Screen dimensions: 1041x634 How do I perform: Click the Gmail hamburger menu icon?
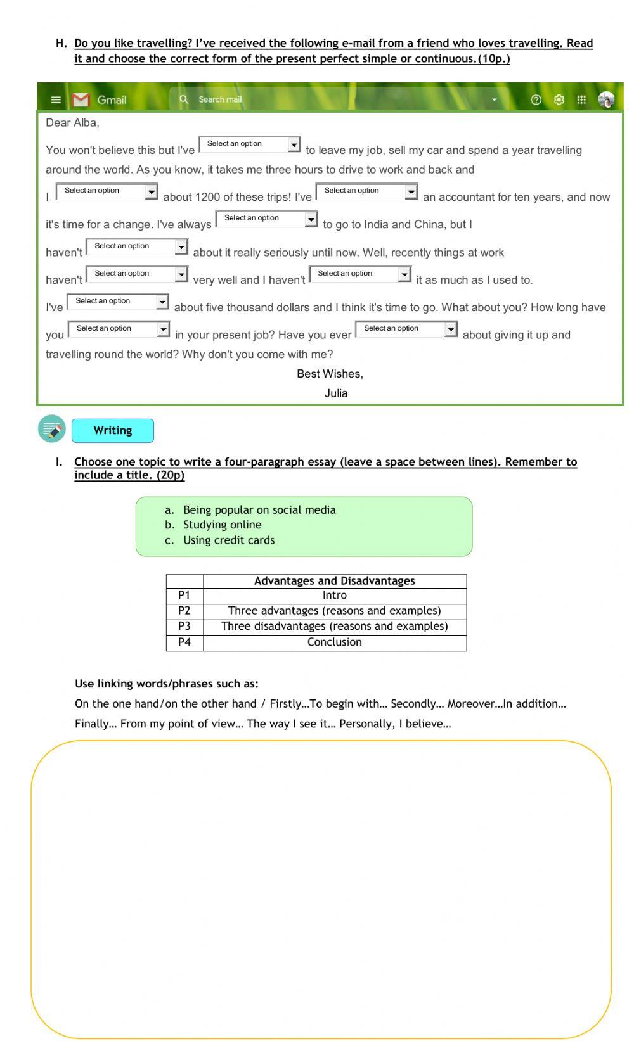56,99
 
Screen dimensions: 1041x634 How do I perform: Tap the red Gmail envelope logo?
81,99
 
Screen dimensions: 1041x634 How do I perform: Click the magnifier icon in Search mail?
184,99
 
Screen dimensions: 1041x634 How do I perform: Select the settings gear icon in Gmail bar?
559,99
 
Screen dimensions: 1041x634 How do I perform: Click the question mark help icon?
536,99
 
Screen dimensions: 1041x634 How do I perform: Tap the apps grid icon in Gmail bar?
581,99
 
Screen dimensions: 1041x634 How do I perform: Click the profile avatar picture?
606,99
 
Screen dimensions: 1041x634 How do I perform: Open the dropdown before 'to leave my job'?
249,144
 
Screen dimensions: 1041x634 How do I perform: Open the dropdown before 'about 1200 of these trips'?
107,191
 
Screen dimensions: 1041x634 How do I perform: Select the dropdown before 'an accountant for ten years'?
366,191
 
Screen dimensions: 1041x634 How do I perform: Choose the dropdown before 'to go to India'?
266,219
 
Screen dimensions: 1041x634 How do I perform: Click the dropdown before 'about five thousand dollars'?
117,302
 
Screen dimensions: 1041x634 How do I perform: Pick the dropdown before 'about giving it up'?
406,329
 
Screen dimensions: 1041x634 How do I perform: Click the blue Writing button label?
113,430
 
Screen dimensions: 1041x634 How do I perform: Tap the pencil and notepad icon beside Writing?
52,429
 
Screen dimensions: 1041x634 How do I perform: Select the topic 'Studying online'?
222,525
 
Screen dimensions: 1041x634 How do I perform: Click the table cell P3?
184,626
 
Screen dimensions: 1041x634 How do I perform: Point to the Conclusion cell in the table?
334,642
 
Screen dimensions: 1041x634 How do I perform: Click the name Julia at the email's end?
336,393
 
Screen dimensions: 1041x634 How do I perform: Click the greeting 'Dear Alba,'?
72,123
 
